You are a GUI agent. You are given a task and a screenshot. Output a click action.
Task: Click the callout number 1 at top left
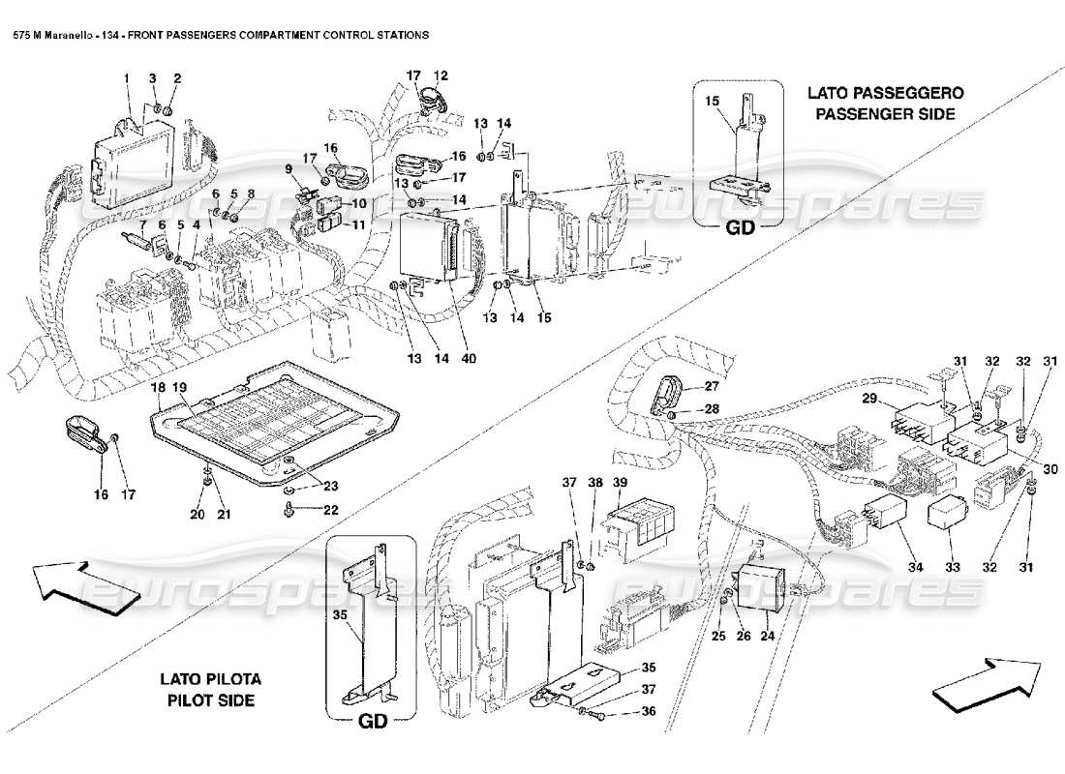(x=126, y=76)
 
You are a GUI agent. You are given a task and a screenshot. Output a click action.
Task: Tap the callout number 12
(x=441, y=74)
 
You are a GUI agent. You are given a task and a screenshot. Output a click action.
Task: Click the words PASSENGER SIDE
(x=884, y=113)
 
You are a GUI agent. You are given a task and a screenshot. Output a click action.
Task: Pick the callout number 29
(x=869, y=399)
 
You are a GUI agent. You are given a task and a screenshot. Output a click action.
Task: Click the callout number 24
(x=767, y=638)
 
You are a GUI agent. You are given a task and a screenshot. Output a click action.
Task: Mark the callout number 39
(x=620, y=483)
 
